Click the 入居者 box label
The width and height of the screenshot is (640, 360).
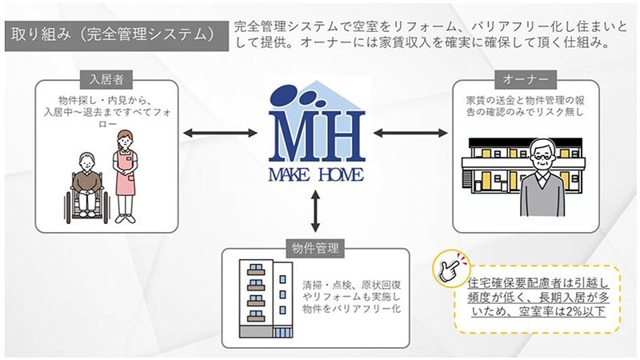(106, 79)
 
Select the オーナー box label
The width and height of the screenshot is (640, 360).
(526, 79)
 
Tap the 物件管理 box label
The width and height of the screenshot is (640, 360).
(315, 248)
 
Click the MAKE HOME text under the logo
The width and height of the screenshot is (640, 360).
(316, 174)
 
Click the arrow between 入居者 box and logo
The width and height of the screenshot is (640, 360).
(221, 133)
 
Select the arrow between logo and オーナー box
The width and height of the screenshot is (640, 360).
(410, 133)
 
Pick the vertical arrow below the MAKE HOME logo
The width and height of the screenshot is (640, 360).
(315, 211)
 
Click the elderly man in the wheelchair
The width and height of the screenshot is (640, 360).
(87, 184)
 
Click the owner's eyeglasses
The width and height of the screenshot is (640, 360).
(542, 156)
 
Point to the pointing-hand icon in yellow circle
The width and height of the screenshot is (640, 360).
(452, 269)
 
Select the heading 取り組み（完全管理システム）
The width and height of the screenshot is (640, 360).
(113, 34)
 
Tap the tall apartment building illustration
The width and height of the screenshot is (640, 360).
(266, 298)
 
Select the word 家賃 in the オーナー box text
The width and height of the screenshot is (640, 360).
(475, 100)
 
